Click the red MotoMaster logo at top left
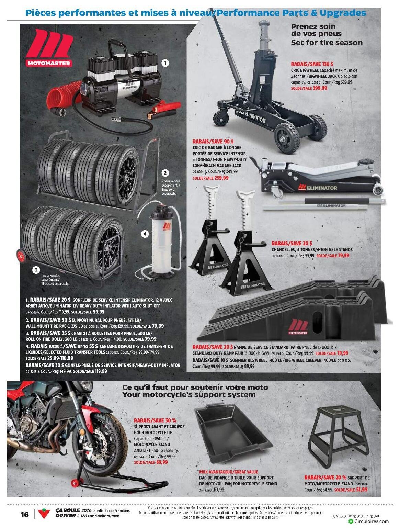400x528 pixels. coord(49,48)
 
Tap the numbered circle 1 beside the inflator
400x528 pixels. coord(165,63)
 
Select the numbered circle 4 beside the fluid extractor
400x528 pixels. coord(145,234)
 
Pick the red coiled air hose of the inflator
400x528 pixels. coord(62,96)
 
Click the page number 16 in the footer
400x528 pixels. coord(25,514)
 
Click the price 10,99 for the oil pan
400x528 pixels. coord(219,490)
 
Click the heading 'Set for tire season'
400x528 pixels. coord(327,43)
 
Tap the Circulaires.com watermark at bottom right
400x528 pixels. coord(369,521)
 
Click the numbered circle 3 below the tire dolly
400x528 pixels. coord(36,270)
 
